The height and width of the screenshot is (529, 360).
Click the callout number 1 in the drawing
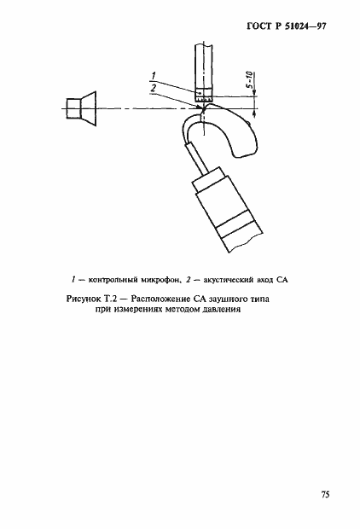pyautogui.click(x=152, y=76)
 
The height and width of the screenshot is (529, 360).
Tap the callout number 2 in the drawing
pyautogui.click(x=152, y=88)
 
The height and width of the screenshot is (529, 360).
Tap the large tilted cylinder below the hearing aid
pyautogui.click(x=223, y=209)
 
